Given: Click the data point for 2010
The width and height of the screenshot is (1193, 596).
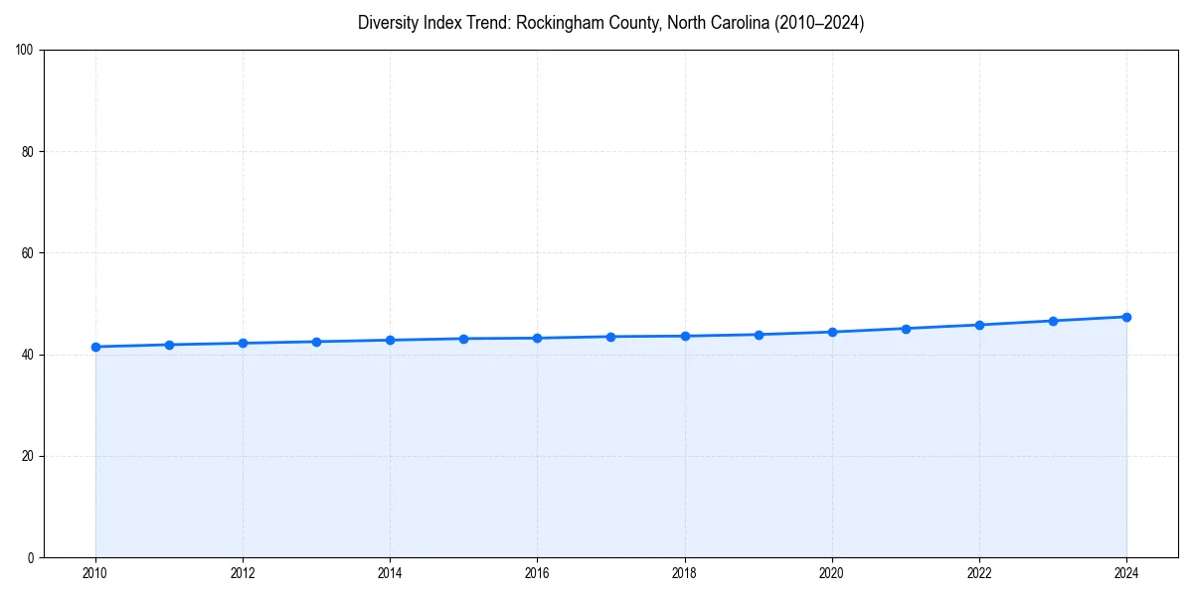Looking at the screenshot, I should (95, 347).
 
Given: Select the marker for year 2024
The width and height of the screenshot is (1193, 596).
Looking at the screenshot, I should (1126, 317).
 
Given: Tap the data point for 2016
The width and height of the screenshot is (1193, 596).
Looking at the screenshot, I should (537, 338).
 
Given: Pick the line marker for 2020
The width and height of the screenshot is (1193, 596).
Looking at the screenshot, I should (832, 332).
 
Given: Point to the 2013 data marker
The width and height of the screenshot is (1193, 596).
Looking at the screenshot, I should (316, 342).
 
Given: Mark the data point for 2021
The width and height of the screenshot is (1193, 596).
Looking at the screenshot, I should (906, 329).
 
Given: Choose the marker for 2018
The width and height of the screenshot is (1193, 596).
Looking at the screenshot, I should (685, 336).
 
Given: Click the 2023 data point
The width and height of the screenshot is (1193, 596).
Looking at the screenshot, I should (1053, 321).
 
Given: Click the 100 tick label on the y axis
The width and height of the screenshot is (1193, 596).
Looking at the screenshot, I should (25, 51).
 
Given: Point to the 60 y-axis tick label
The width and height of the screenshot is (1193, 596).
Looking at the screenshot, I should (28, 253).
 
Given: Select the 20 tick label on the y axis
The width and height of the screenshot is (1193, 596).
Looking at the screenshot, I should (28, 456).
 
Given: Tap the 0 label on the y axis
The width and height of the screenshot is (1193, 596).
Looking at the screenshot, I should (31, 557).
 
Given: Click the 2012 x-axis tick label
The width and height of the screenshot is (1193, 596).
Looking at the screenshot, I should (243, 573).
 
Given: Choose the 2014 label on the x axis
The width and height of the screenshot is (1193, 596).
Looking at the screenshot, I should (390, 573).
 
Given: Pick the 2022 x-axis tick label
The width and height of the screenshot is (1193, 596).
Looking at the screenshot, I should (979, 573).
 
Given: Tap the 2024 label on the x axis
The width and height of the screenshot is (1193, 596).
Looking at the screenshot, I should (1126, 573).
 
